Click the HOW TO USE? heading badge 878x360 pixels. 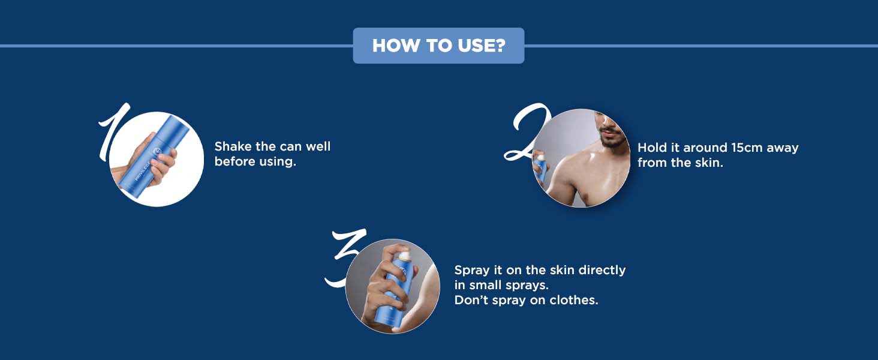(x=438, y=46)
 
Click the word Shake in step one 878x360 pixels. (x=233, y=146)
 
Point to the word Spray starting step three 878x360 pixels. (x=472, y=271)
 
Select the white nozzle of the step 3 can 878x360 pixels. (x=404, y=256)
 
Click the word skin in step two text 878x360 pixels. (x=709, y=163)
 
